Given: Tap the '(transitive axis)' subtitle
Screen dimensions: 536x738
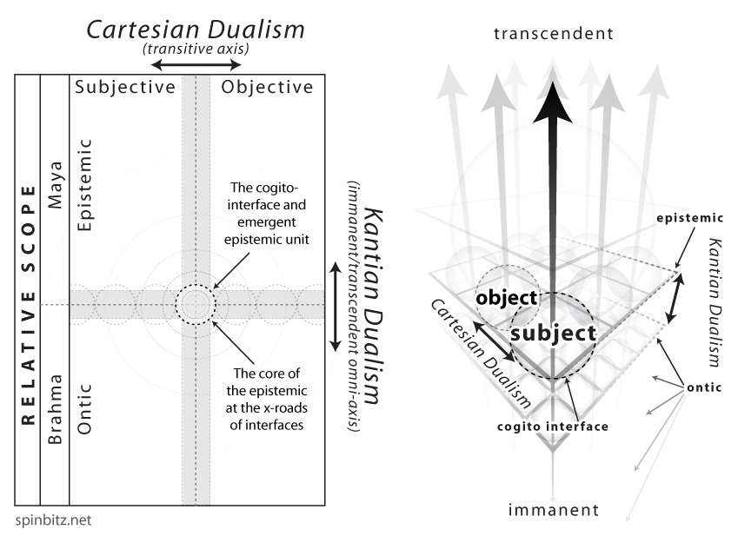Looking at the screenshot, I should coord(196,50).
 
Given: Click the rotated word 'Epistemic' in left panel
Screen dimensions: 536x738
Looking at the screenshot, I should coord(83,183).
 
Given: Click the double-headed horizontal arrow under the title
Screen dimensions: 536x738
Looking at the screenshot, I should coord(196,64).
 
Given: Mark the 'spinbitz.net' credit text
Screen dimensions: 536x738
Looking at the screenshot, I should coord(52,521).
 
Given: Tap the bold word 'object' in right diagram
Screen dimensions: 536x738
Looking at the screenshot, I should coord(506,297).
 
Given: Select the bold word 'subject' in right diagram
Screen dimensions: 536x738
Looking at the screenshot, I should coord(553,332).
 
